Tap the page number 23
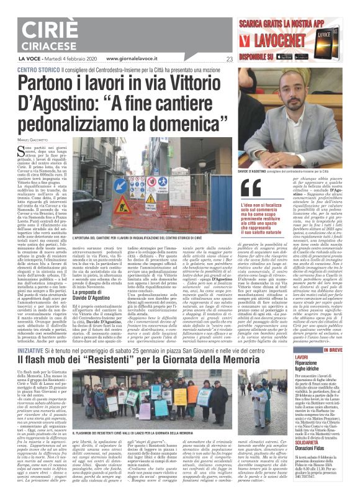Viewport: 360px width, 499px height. click(x=230, y=60)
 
